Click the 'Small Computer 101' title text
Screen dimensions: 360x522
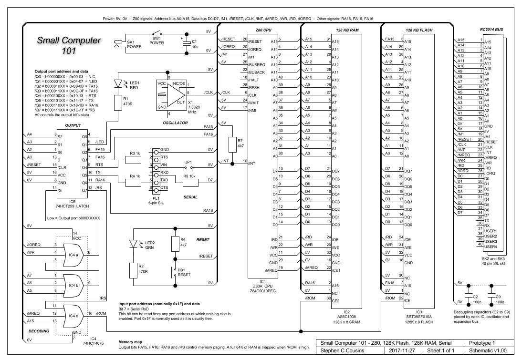(x=69, y=45)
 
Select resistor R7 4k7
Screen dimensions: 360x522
(x=232, y=144)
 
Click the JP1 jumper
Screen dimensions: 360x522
(x=188, y=165)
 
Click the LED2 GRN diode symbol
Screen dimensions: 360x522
(x=134, y=244)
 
